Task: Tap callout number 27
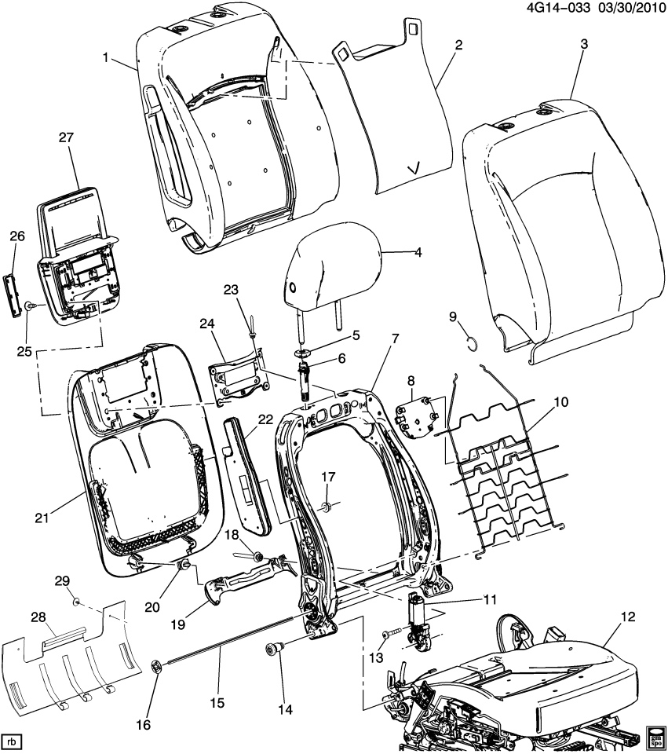[65, 137]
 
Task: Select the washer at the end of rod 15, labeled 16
[156, 668]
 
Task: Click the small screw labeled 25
[29, 306]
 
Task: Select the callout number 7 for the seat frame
[395, 339]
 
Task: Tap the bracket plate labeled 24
[239, 379]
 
